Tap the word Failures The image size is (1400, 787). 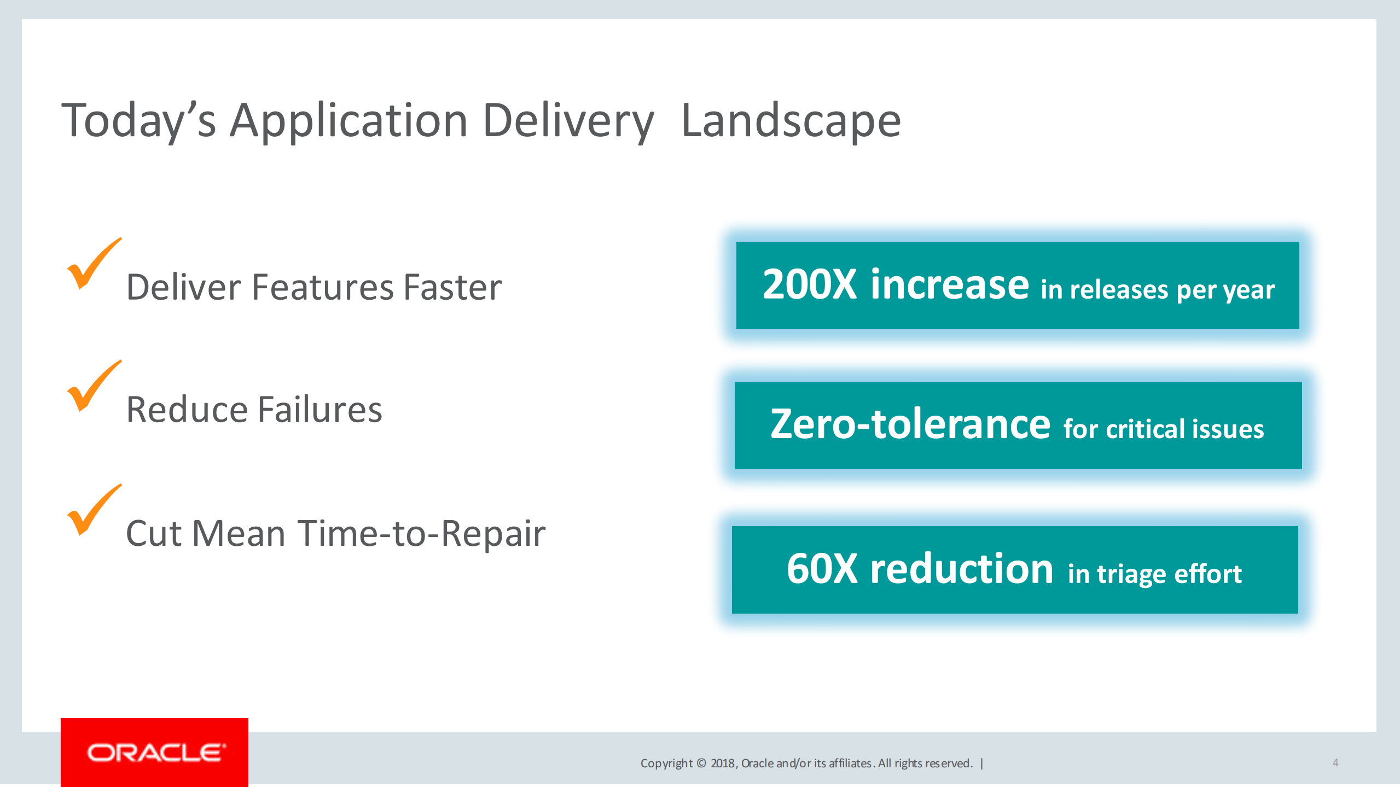[x=319, y=410]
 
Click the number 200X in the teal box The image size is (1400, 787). [x=810, y=284]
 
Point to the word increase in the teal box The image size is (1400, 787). [x=950, y=284]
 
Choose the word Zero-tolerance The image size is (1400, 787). [x=910, y=424]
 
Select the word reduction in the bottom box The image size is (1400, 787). [x=962, y=569]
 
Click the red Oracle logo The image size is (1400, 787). [x=154, y=753]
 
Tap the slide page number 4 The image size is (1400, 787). [x=1335, y=763]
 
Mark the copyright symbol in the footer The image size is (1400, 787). [x=701, y=763]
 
